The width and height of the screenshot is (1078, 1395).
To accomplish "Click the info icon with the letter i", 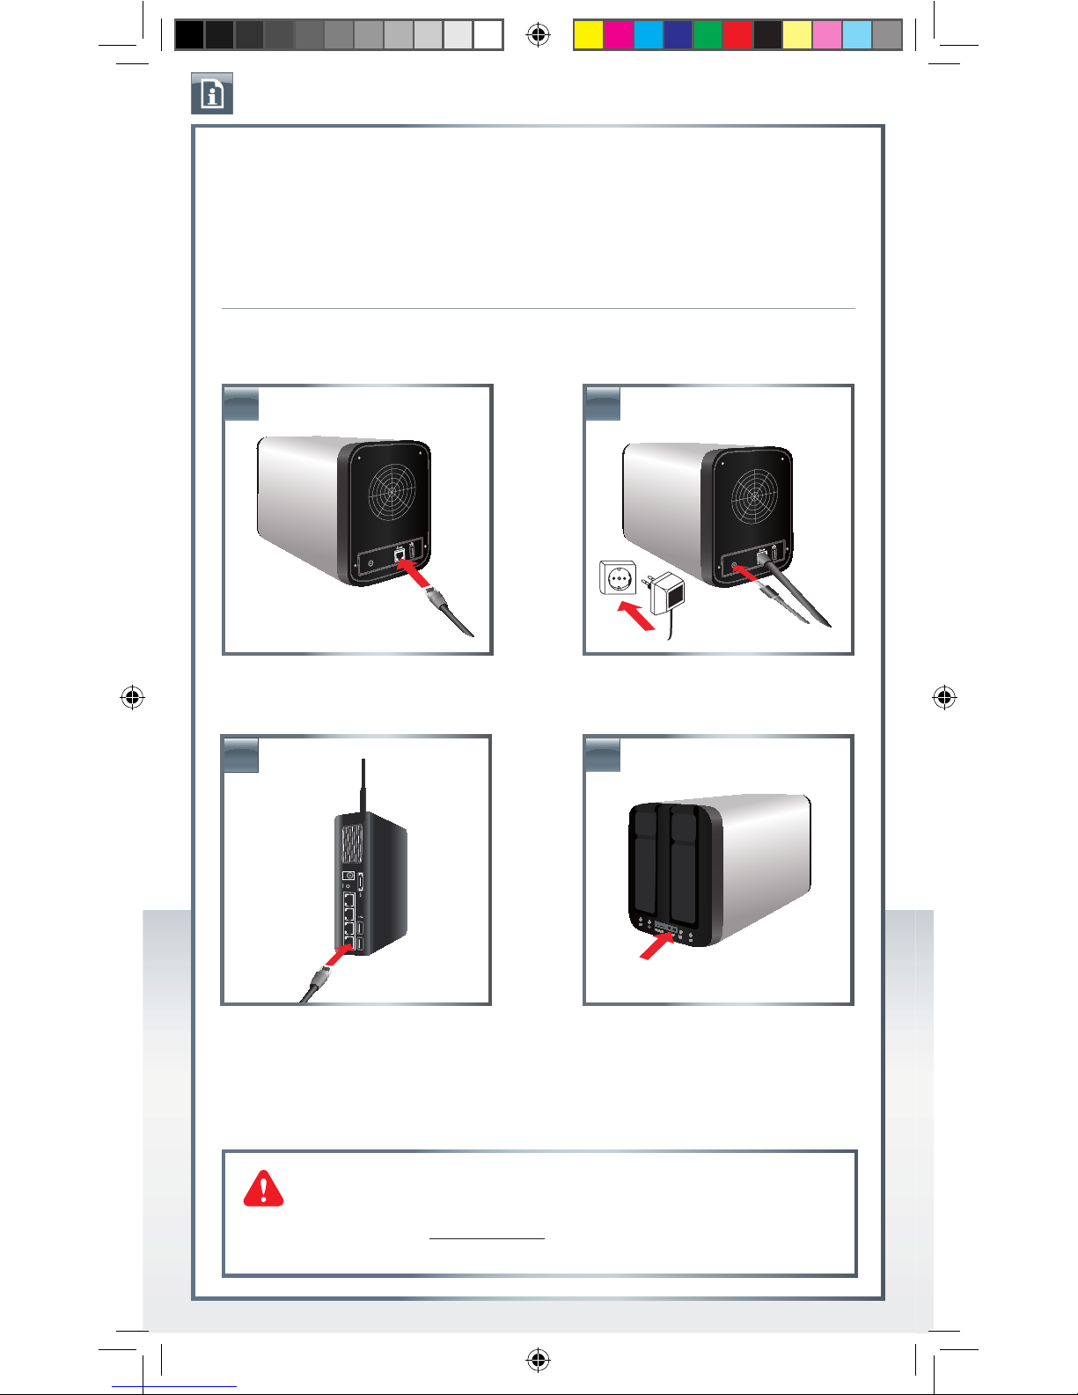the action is (212, 93).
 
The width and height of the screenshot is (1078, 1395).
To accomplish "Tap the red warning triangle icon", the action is (263, 1188).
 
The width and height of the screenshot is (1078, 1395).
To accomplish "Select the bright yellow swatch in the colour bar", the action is (588, 34).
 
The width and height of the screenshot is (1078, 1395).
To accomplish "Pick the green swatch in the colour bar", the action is (708, 34).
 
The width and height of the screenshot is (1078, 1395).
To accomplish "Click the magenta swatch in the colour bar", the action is (618, 34).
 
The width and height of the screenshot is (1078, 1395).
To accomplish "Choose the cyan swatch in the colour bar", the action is (648, 34).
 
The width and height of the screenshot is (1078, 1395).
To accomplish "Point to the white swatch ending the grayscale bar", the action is (488, 34).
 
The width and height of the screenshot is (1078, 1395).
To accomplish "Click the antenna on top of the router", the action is (363, 786).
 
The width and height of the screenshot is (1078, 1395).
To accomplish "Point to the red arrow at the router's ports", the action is (338, 956).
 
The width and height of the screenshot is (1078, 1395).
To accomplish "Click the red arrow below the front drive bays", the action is (655, 947).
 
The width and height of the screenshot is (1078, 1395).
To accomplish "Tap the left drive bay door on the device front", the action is (645, 863).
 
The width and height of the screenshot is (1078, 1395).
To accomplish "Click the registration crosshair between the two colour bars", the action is (538, 34).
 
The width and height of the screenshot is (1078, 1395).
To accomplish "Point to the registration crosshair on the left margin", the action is (133, 698).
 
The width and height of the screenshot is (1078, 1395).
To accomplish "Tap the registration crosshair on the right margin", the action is (944, 698).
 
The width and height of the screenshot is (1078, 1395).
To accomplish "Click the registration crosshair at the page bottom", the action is (538, 1360).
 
